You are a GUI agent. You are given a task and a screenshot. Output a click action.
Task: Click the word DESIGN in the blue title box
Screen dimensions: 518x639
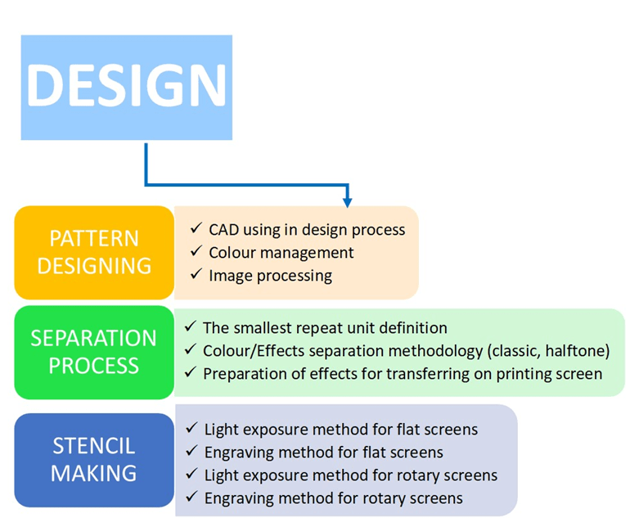(127, 86)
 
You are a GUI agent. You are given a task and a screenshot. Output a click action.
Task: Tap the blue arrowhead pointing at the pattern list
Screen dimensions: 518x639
(347, 200)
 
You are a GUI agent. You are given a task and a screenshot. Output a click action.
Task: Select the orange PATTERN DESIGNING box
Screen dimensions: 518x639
(94, 252)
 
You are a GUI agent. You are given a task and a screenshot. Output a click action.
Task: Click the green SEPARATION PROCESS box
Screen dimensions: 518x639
(93, 352)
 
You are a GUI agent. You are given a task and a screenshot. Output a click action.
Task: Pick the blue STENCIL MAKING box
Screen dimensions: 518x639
(94, 459)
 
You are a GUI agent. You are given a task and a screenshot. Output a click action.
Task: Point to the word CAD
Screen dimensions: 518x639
(224, 230)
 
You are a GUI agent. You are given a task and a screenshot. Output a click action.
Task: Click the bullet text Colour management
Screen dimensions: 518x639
(281, 253)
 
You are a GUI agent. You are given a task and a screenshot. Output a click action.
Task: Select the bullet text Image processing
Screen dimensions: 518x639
(270, 276)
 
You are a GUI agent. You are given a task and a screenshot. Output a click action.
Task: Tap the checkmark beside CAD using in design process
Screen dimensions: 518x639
(195, 229)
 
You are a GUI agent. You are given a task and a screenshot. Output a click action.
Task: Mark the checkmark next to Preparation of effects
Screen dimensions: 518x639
(190, 373)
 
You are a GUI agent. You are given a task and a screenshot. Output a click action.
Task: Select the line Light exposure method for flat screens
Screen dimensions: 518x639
(340, 429)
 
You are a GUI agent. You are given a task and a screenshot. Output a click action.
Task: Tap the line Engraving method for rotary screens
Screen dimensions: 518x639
(333, 498)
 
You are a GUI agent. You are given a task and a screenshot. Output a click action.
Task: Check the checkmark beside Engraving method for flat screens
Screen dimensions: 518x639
(191, 452)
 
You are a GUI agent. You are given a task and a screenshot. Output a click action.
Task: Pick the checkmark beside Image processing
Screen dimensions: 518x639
(195, 275)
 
